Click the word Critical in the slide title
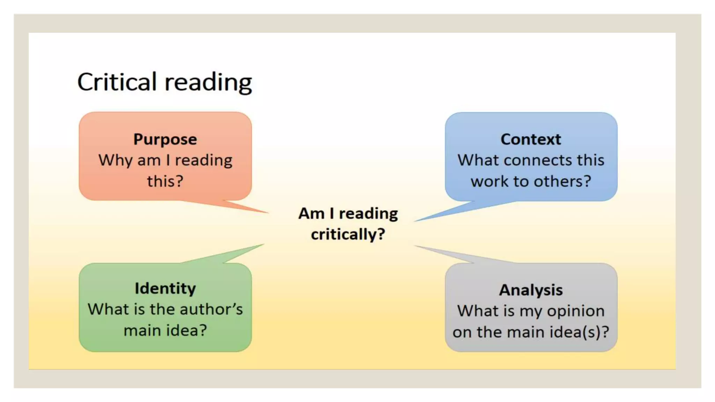117,82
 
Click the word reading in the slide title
208,83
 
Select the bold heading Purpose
165,139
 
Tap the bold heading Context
531,139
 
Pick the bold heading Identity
165,289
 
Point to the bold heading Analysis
531,290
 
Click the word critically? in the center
348,234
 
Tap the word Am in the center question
311,213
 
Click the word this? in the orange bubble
165,181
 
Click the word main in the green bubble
141,330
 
